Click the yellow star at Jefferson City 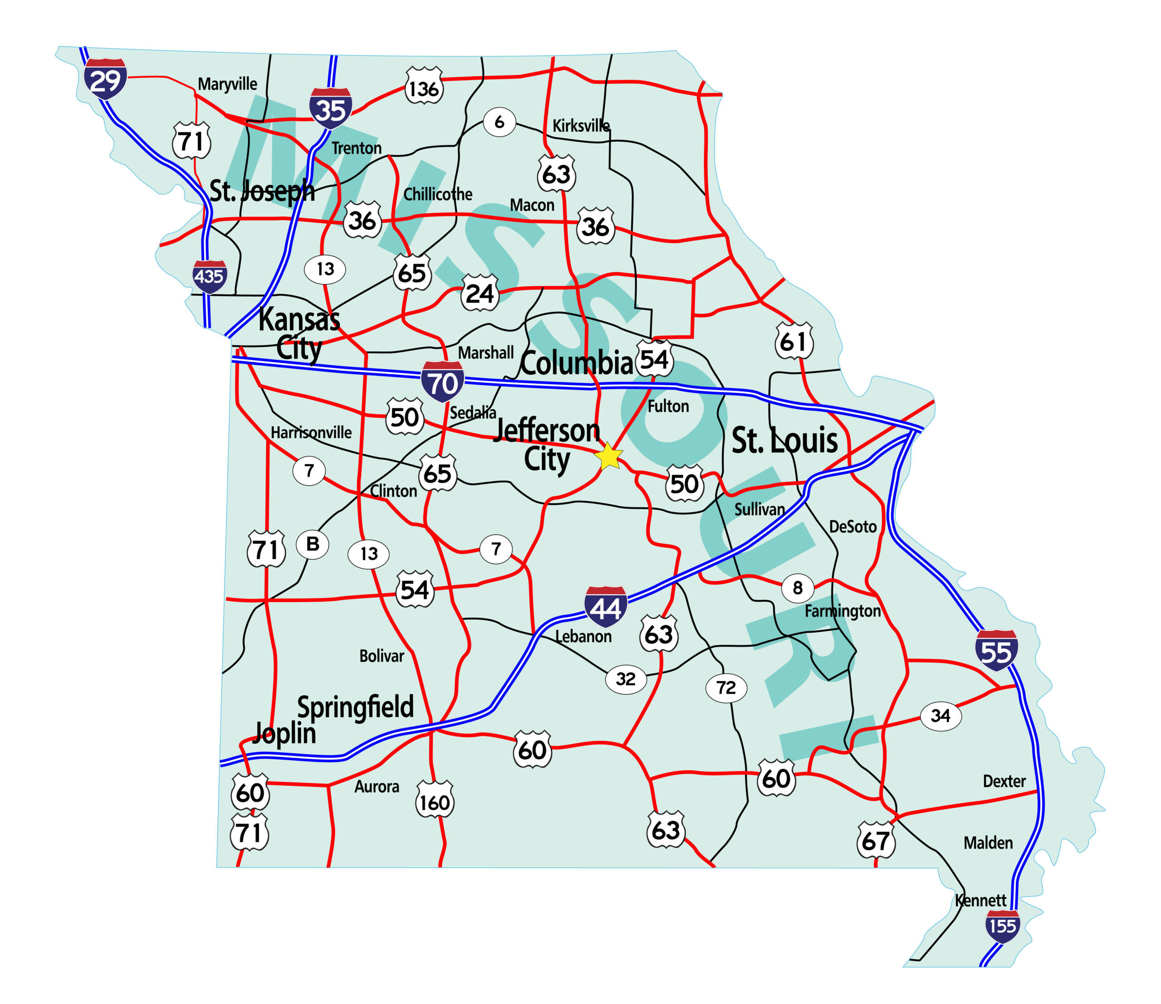coord(608,456)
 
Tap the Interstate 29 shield coord(105,79)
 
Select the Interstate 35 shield coord(331,108)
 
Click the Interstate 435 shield coord(210,276)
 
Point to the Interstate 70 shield coord(443,382)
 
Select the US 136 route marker coord(424,87)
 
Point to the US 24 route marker coord(480,293)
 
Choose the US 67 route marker coord(876,840)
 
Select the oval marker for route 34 coord(941,716)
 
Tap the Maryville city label coord(228,84)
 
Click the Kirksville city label coord(581,126)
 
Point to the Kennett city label coord(981,900)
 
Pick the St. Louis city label coord(785,440)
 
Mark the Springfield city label coord(355,707)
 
